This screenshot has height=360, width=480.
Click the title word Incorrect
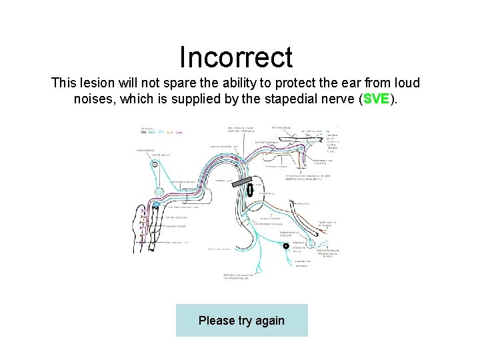click(x=236, y=57)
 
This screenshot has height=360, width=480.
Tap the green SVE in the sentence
click(x=377, y=99)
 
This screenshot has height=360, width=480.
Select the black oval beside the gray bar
click(x=250, y=189)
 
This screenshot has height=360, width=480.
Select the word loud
click(x=404, y=83)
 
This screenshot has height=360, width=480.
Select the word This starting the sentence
click(x=65, y=83)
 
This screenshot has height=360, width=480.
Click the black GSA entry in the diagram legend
click(x=143, y=133)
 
